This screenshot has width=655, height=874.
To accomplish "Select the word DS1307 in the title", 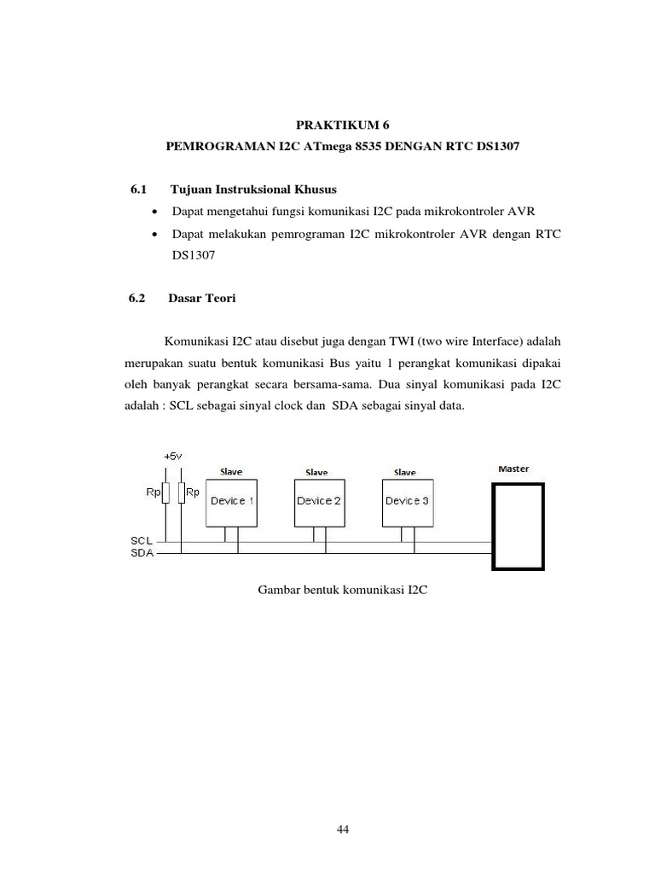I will (495, 147).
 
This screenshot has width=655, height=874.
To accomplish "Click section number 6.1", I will (137, 188).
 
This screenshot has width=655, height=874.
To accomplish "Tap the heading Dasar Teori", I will (201, 299).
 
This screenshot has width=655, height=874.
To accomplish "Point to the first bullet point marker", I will (154, 211).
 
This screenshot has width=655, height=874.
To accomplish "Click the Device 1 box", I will (232, 501).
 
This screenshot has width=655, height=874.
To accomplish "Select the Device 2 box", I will (319, 501).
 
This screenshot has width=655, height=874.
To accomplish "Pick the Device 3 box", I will (407, 501).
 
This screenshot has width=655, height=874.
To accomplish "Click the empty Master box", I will (519, 526).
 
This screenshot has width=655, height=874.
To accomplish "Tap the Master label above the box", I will (513, 469).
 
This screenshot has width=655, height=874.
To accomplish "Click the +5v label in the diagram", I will (171, 457).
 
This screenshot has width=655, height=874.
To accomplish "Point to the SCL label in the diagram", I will (142, 541).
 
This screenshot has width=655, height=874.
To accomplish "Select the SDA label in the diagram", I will (142, 552).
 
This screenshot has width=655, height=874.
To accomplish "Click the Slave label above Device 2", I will (316, 472).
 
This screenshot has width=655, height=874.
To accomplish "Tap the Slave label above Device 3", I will (404, 472).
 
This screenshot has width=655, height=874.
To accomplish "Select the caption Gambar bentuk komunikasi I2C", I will (341, 589).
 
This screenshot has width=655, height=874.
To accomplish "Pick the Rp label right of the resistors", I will (194, 492).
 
